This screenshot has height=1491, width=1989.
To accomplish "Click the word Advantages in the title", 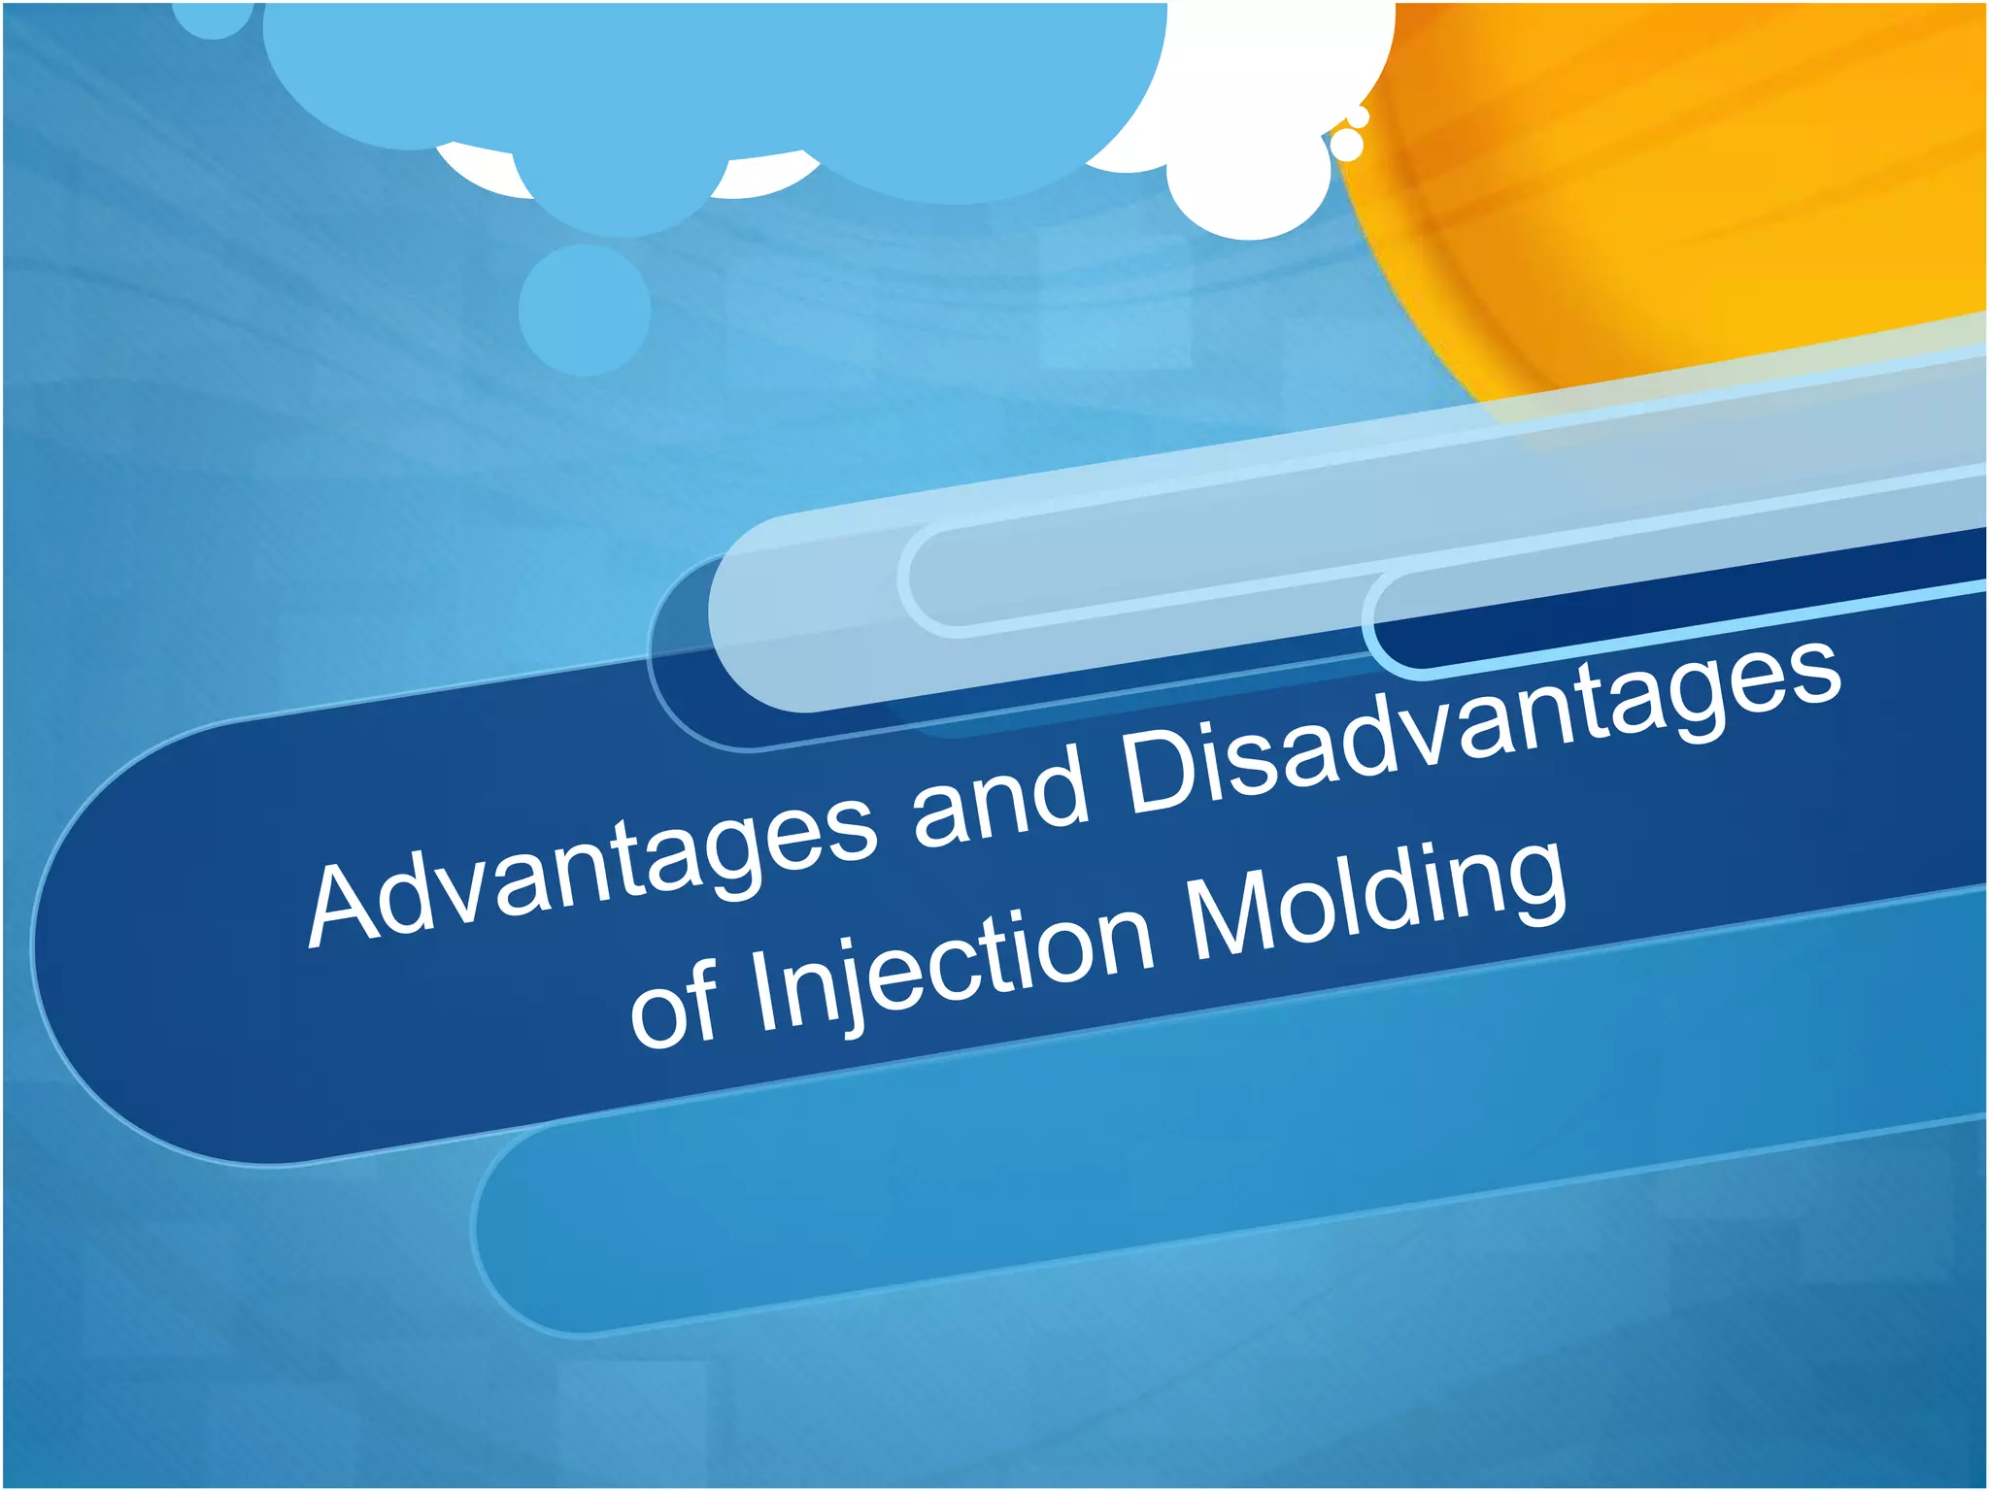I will (x=592, y=864).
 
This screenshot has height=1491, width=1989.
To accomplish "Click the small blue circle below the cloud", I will (x=584, y=309).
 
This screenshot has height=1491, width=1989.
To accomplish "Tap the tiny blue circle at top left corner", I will (x=214, y=19).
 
